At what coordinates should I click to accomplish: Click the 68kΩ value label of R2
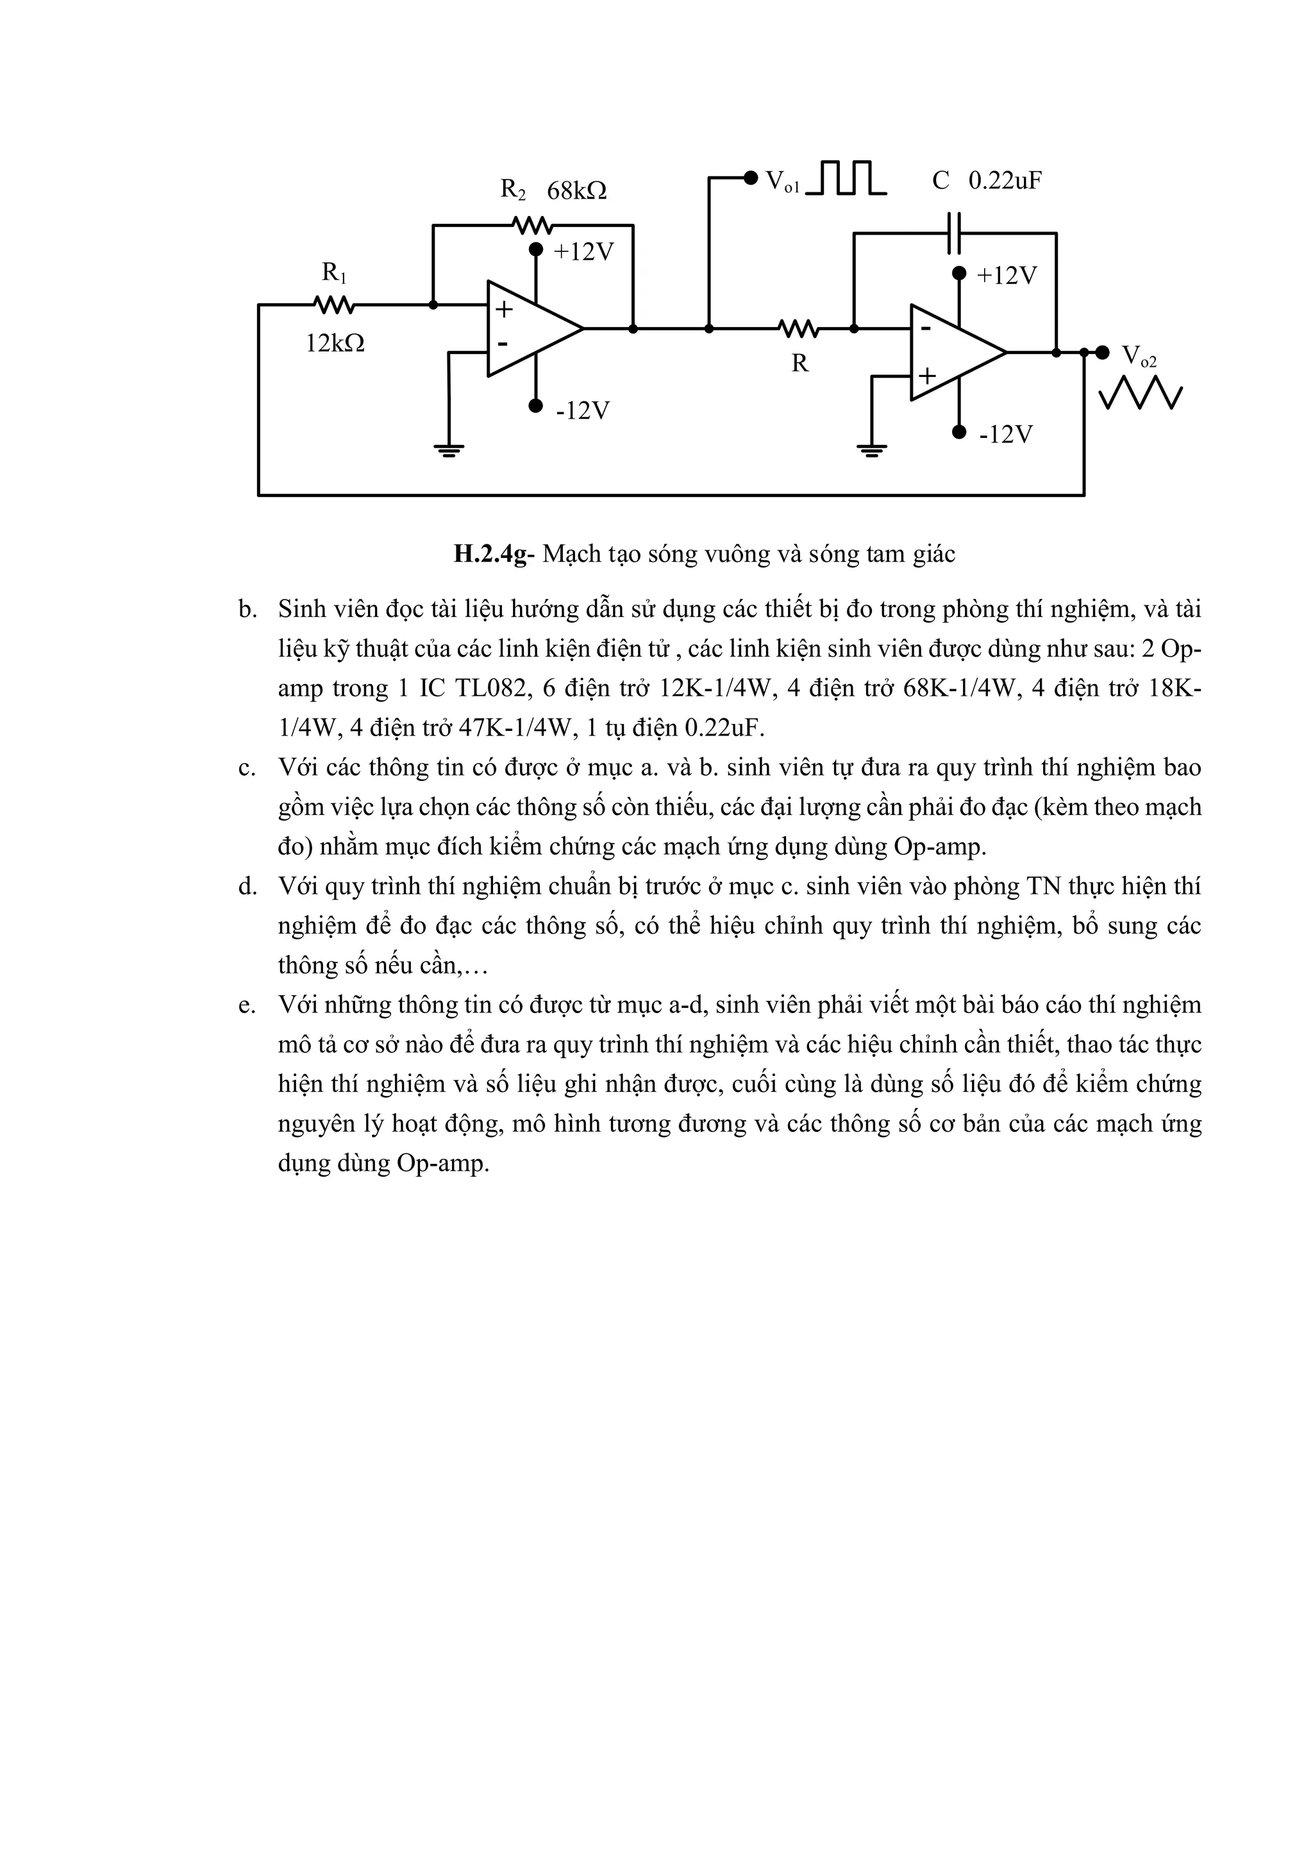[576, 191]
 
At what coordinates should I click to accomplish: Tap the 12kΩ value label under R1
[335, 344]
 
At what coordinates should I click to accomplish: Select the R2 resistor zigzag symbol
[532, 225]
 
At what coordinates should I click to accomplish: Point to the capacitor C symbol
[955, 233]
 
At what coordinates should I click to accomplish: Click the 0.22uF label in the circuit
[1005, 180]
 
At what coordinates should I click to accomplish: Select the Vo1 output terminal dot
[750, 177]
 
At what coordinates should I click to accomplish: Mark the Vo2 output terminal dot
[1102, 352]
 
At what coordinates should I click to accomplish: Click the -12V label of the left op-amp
[582, 411]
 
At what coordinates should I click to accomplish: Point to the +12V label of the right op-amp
[1007, 276]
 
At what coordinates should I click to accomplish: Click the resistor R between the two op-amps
[799, 328]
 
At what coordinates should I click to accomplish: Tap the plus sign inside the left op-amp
[504, 308]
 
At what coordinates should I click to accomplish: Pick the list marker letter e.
[247, 1006]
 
